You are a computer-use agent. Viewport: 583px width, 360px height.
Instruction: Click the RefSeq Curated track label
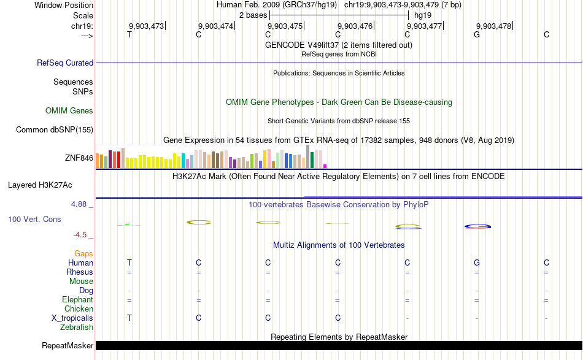tap(65, 63)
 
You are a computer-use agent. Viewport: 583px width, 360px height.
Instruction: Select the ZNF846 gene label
tap(79, 158)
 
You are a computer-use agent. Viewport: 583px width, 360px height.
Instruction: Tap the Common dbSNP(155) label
tap(55, 129)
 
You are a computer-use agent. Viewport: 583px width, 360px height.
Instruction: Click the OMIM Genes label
tap(69, 111)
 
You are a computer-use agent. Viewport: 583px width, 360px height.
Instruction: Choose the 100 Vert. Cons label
tap(34, 219)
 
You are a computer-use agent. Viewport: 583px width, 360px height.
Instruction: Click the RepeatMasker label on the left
tap(68, 346)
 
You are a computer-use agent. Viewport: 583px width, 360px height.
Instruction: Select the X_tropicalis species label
tap(72, 318)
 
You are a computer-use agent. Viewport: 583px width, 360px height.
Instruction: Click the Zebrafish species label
tap(77, 327)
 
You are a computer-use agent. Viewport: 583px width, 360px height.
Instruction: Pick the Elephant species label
tap(77, 299)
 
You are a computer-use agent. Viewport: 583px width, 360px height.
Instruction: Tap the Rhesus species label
tap(80, 272)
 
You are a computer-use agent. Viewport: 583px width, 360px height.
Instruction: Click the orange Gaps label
tap(83, 253)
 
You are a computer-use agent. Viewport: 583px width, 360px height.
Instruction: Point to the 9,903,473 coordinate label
tap(146, 26)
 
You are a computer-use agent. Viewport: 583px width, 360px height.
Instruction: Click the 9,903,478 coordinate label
tap(493, 26)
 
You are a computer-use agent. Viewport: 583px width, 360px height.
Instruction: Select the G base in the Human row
tap(477, 262)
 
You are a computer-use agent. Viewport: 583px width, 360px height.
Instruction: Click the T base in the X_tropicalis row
tap(129, 318)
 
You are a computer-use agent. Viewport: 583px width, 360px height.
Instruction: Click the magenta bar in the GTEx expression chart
tap(325, 166)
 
